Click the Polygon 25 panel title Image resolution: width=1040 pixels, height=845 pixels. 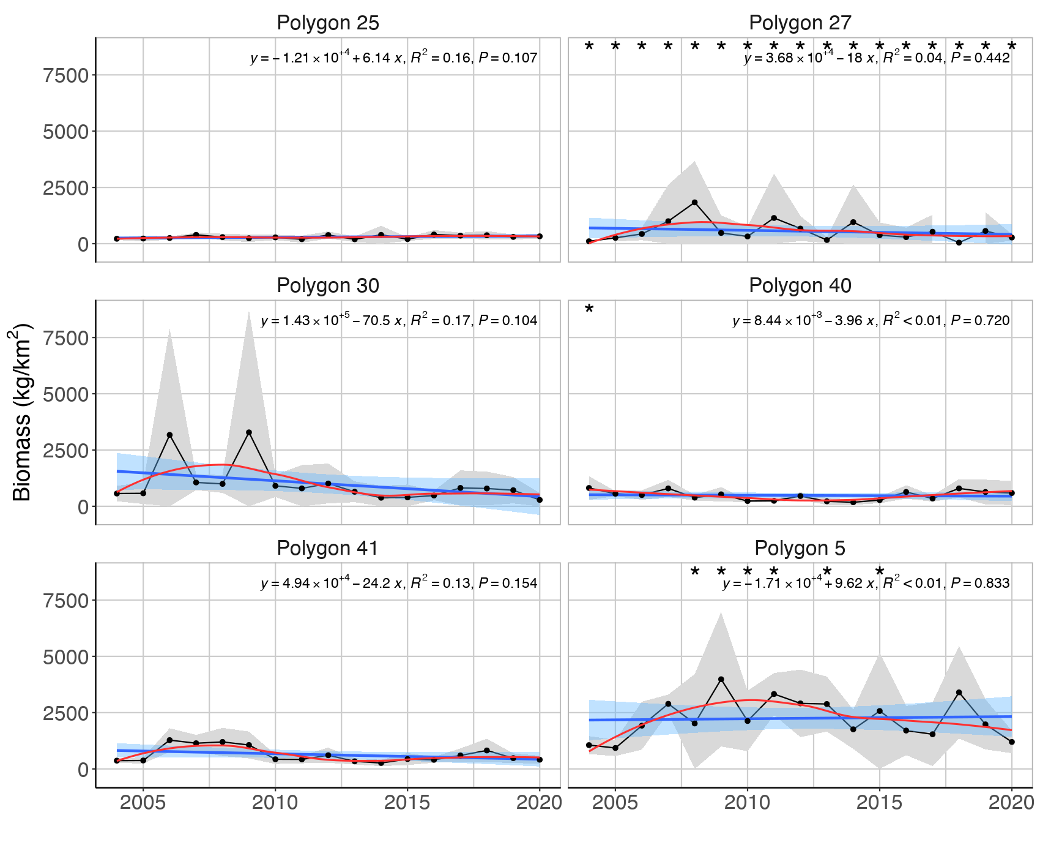point(328,23)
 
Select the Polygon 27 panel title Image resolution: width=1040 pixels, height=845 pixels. point(800,23)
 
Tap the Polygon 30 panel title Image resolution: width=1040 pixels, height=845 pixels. point(328,286)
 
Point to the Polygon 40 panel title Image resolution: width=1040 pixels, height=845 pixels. point(800,286)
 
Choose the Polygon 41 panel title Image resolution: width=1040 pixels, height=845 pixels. point(328,549)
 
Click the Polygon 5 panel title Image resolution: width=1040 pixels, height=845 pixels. point(800,549)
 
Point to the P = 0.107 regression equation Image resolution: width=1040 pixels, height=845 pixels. point(394,58)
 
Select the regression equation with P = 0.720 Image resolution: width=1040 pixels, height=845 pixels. point(871,321)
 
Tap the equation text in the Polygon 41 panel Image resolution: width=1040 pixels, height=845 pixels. point(399,584)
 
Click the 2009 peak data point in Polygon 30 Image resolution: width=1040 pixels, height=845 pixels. point(249,432)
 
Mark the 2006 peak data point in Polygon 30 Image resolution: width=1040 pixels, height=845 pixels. point(169,435)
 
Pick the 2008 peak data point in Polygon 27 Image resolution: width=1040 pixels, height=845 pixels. point(694,202)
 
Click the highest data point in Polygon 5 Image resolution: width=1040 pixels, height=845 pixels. point(721,679)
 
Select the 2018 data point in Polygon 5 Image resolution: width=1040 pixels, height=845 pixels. point(959,693)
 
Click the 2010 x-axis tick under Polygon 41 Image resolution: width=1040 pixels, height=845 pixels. point(275,803)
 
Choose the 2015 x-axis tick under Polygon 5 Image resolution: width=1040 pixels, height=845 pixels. point(880,803)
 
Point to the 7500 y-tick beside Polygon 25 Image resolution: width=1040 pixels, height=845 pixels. point(66,75)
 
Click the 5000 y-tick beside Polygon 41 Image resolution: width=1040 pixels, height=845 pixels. point(66,657)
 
